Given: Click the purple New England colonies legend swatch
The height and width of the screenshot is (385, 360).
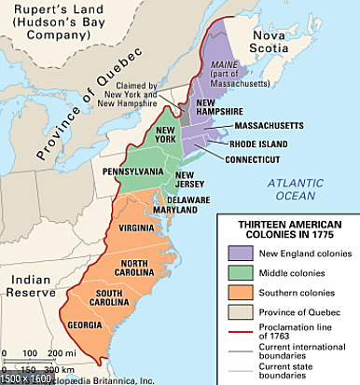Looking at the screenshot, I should tap(240, 254).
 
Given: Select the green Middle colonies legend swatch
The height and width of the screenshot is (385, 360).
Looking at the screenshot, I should tap(240, 273).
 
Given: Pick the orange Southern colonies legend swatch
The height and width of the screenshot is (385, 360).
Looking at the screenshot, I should tap(240, 293).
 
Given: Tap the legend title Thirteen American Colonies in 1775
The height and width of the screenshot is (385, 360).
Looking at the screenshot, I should tap(288, 229).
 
